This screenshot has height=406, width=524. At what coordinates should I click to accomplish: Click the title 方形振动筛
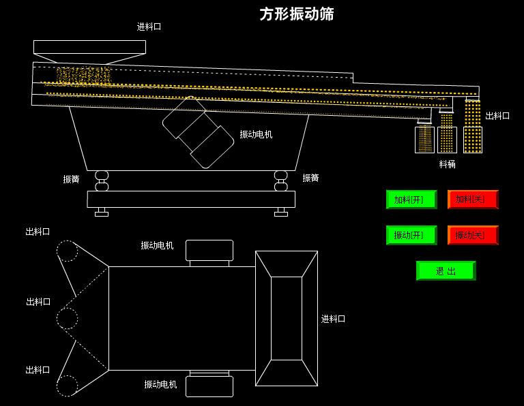pos(297,14)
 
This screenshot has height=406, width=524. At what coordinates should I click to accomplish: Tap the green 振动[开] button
pos(411,235)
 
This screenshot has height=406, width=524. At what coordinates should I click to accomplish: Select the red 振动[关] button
pos(472,235)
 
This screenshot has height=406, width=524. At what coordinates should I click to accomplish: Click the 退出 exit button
pos(446,270)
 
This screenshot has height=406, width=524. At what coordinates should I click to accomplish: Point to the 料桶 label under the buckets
pos(447,164)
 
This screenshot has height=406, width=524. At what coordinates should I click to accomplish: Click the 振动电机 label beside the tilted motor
pos(256,135)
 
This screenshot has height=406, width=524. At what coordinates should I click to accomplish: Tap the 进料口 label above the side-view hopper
pos(149,27)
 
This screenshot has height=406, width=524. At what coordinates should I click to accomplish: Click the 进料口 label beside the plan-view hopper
pos(333,319)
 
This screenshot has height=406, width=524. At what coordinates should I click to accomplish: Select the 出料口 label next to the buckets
pos(497,116)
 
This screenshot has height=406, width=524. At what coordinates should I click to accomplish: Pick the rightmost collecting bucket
pos(473,139)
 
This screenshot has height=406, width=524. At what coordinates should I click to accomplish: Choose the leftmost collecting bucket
pos(424,139)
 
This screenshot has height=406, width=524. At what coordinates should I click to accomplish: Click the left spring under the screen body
pos(102,181)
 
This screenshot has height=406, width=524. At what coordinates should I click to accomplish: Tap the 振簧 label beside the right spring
pos(310,178)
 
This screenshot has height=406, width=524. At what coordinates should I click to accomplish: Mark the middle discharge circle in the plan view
pos(67,318)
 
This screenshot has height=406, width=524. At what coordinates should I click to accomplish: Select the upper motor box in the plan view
pos(209,251)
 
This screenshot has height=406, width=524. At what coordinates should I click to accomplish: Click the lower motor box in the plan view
pos(209,385)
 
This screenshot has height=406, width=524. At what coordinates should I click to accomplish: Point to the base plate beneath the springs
pos(191,199)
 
